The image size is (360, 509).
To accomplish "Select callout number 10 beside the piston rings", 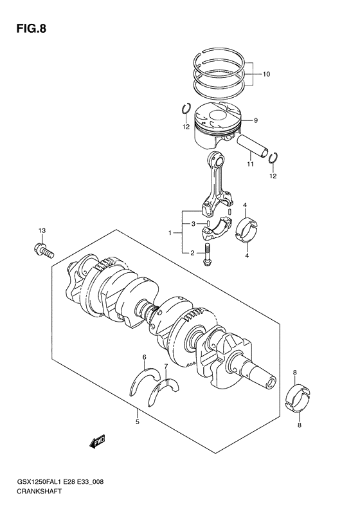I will [266, 74].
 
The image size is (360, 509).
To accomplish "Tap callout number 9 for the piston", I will [255, 120].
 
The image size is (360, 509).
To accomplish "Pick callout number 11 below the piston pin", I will [250, 165].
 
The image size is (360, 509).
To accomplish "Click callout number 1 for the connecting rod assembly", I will [170, 232].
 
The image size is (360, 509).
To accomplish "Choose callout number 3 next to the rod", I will [192, 224].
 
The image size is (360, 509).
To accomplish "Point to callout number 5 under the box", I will [137, 422].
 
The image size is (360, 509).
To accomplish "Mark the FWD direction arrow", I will [97, 441].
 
